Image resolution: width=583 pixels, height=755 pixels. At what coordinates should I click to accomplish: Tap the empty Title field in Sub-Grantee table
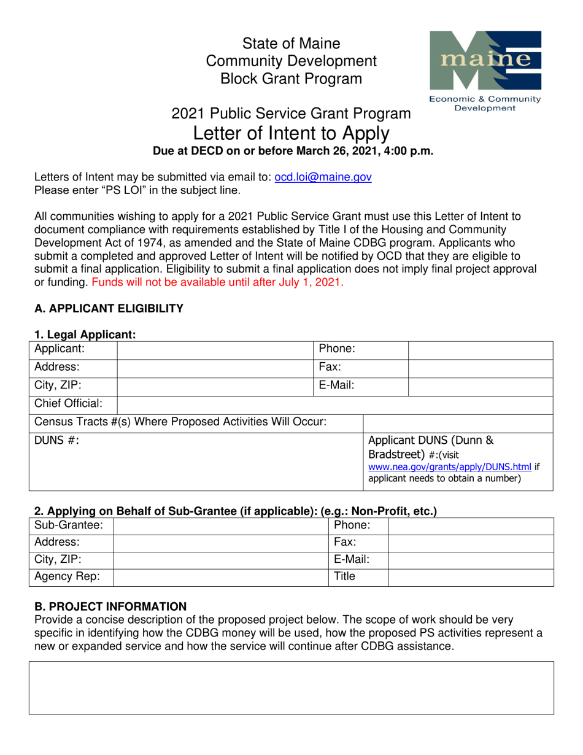point(471,578)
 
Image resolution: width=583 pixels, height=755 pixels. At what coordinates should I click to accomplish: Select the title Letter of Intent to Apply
point(291,133)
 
